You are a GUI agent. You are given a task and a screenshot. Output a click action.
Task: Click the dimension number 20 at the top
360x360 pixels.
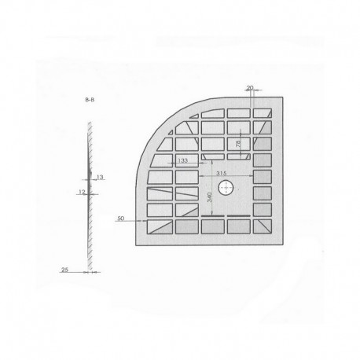point(249,88)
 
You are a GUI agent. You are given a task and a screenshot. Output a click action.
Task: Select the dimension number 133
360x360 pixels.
point(182,160)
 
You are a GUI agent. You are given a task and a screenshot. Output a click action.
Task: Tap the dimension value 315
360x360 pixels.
point(221,172)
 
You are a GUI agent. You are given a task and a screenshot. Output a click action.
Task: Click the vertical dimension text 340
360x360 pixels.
point(209,197)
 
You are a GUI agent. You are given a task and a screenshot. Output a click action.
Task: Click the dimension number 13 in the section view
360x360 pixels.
point(100,178)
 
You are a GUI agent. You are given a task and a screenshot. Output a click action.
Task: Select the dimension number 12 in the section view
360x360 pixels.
point(81,191)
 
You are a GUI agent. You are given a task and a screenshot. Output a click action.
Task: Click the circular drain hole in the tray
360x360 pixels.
point(226,188)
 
